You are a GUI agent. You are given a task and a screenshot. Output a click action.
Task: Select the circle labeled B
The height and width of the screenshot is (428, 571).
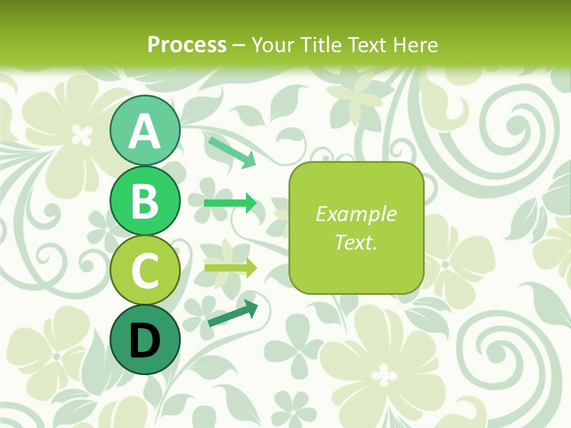click(145, 201)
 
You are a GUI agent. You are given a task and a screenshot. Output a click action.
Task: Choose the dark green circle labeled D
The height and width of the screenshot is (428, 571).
click(145, 339)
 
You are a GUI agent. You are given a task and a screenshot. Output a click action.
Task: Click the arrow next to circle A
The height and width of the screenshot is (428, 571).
click(232, 151)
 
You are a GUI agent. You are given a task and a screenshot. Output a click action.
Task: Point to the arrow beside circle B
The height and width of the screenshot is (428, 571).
click(230, 203)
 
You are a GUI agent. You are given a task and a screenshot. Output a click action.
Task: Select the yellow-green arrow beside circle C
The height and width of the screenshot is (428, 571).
click(230, 267)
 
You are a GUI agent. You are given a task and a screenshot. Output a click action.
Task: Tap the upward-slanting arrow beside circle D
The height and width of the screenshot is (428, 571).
click(233, 313)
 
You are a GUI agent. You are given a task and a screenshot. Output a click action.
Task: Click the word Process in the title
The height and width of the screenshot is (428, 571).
click(187, 45)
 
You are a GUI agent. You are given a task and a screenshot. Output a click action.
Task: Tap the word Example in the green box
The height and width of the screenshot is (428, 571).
click(356, 214)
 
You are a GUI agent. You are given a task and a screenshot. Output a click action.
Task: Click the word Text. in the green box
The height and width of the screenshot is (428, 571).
click(356, 242)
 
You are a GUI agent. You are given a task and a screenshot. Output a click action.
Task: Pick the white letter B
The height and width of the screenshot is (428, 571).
click(145, 202)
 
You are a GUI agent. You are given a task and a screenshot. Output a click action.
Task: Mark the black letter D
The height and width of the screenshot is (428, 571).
click(145, 340)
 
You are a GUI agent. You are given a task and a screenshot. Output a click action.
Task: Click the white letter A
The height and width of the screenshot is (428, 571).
click(145, 131)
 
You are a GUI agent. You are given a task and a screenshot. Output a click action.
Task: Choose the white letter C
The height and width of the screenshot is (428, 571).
click(145, 270)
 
